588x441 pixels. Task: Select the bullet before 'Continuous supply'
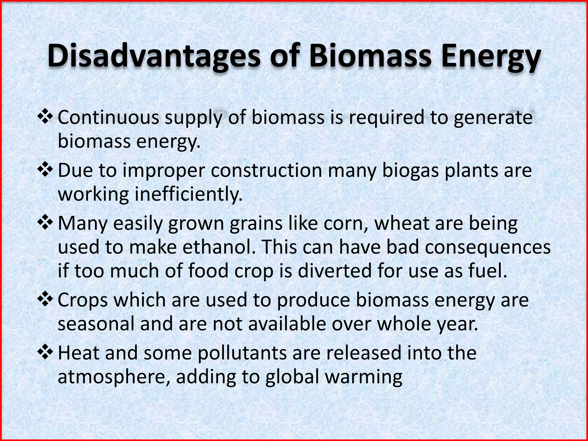45,117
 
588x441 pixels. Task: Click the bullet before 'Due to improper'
45,170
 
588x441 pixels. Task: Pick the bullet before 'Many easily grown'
45,223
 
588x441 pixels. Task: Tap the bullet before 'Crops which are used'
45,300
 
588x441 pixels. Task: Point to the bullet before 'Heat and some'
45,353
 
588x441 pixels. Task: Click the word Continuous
109,118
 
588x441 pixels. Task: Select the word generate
493,118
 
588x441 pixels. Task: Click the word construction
266,171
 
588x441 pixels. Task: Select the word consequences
488,248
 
